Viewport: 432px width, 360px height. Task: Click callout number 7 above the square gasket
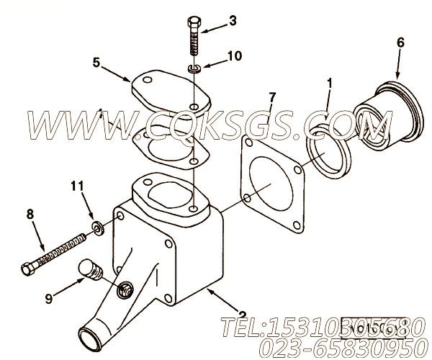coord(271,96)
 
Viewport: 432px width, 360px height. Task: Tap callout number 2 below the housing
coord(243,313)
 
